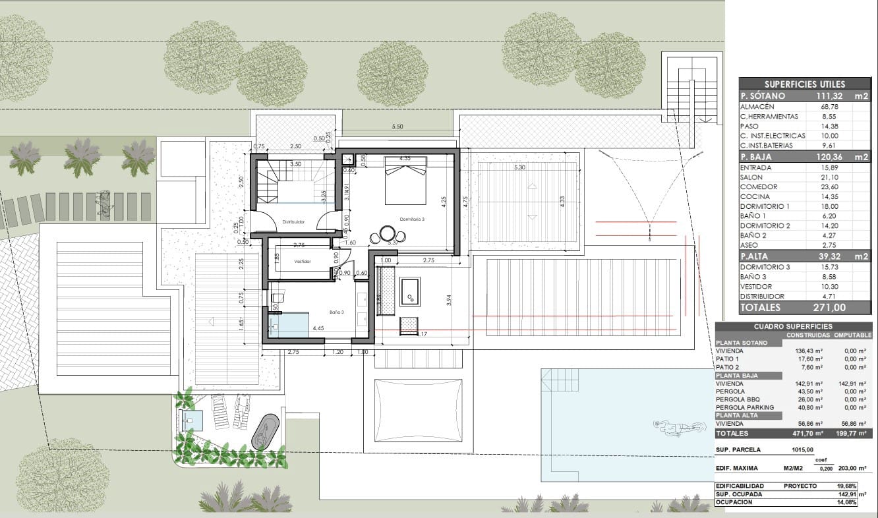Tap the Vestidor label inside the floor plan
(x=302, y=262)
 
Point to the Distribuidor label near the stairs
(x=293, y=222)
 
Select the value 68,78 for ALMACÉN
(x=821, y=107)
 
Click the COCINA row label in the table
(x=755, y=196)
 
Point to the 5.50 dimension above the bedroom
(x=397, y=127)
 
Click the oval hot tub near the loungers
(x=265, y=432)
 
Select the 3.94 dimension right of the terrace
(x=449, y=299)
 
